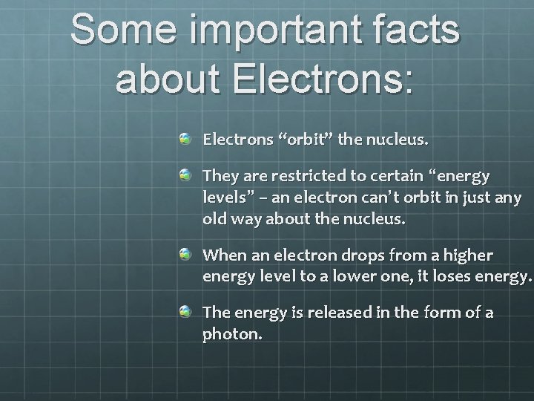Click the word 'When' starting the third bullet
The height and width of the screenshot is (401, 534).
tap(221, 255)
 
